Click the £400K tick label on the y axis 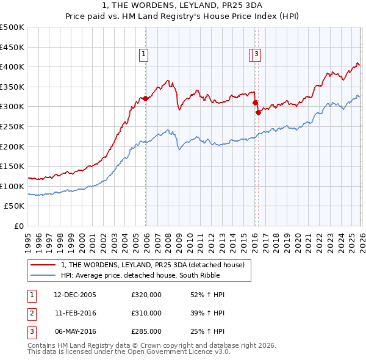click(x=12, y=67)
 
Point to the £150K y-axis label click(x=12, y=167)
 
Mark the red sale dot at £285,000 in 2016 click(x=258, y=112)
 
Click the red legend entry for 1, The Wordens click(x=152, y=265)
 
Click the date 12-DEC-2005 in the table click(x=75, y=295)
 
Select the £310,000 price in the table click(x=146, y=313)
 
